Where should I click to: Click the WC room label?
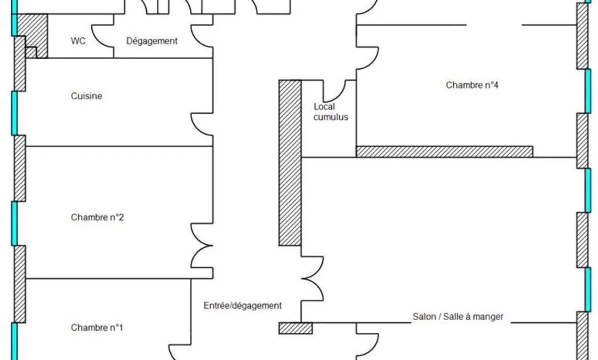click(78, 41)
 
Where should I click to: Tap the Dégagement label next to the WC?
click(152, 41)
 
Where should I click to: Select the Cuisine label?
click(86, 95)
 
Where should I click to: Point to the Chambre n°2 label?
click(97, 218)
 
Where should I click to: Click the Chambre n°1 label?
click(97, 327)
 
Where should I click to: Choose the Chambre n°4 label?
click(472, 85)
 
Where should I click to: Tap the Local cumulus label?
click(331, 112)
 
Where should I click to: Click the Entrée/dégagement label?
click(243, 306)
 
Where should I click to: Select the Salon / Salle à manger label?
click(458, 316)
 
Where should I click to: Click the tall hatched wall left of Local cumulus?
click(290, 163)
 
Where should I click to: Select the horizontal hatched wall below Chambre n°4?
click(444, 152)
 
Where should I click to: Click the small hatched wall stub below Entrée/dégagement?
click(296, 329)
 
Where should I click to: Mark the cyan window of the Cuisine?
click(14, 113)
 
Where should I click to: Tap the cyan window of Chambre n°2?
click(14, 223)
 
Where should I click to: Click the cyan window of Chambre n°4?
click(588, 91)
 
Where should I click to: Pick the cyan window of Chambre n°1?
click(14, 341)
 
